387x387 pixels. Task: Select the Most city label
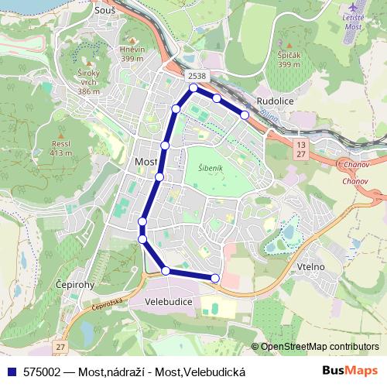[x=146, y=161]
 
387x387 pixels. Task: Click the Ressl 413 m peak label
[x=60, y=148]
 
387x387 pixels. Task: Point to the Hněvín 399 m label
[x=133, y=54]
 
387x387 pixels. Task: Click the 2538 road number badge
[x=196, y=76]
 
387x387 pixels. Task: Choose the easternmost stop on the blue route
[x=245, y=115]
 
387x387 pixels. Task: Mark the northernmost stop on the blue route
[x=193, y=88]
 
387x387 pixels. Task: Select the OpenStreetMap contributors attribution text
[x=319, y=347]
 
